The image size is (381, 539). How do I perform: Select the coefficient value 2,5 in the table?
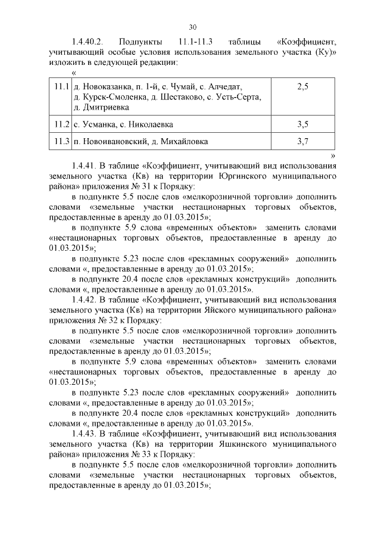302,87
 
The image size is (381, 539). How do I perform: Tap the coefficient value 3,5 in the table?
302,124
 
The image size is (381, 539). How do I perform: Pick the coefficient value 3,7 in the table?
302,142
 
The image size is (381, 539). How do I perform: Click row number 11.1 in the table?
59,87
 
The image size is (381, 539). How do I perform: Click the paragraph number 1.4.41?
85,166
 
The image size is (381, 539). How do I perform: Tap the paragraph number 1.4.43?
85,433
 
